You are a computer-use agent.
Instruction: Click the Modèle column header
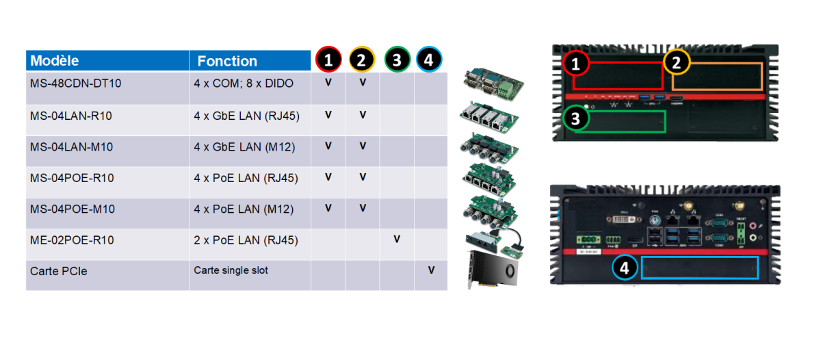(x=55, y=61)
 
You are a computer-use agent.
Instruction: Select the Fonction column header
(x=227, y=61)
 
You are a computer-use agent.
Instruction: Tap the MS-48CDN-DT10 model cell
(x=76, y=83)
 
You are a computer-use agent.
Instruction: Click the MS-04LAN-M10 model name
(x=72, y=147)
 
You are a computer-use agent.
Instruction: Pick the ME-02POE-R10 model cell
(x=72, y=241)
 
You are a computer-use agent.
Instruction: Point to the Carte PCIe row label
(x=59, y=272)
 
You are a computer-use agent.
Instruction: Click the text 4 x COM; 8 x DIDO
(x=244, y=83)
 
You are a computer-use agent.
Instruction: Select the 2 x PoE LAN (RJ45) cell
(x=246, y=241)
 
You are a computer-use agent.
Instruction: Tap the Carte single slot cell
(x=231, y=270)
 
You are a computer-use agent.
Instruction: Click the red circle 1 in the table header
(x=328, y=60)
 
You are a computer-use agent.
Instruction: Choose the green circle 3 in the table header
(x=397, y=60)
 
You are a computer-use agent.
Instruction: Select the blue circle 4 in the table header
(x=429, y=60)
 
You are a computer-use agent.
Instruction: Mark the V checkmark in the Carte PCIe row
(x=431, y=270)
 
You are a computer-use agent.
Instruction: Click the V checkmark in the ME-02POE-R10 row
(x=397, y=240)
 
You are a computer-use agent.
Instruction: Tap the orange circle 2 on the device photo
(x=677, y=63)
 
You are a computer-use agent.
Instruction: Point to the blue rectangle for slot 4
(x=700, y=268)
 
